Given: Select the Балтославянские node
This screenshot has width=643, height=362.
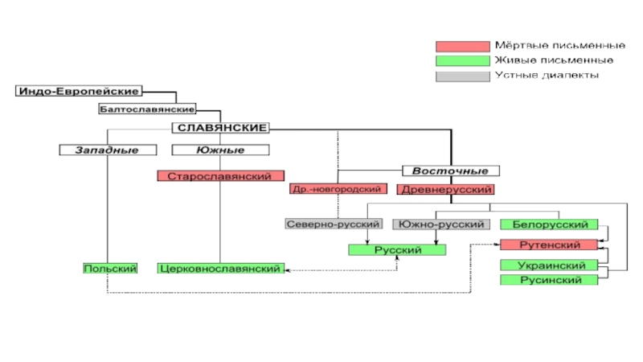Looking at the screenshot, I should coord(148,108).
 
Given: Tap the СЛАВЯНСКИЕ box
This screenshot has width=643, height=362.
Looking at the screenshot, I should coord(222,127).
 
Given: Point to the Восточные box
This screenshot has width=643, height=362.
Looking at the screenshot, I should coord(451,171).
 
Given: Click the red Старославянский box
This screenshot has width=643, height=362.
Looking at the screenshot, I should coord(220,175).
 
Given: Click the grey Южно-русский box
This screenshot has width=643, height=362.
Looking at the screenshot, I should coord(441,224).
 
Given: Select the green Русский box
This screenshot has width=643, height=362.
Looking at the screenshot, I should coord(398,249).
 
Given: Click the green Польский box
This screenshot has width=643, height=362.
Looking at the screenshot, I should coord(110,268).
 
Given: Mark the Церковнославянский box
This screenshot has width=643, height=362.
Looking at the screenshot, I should coord(220,268).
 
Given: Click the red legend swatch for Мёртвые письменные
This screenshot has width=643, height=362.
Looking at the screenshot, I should coord(462,46).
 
